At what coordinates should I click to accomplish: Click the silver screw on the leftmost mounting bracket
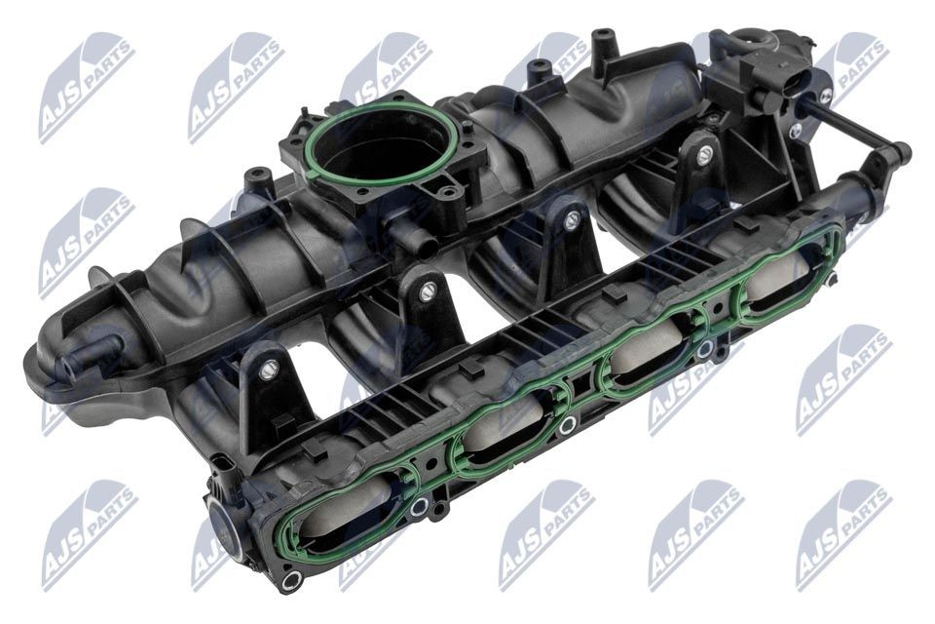(x=270, y=369)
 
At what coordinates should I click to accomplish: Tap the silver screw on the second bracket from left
(x=427, y=290)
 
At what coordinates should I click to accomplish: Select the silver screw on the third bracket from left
(x=571, y=221)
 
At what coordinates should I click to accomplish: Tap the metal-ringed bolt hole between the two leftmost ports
(x=420, y=506)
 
